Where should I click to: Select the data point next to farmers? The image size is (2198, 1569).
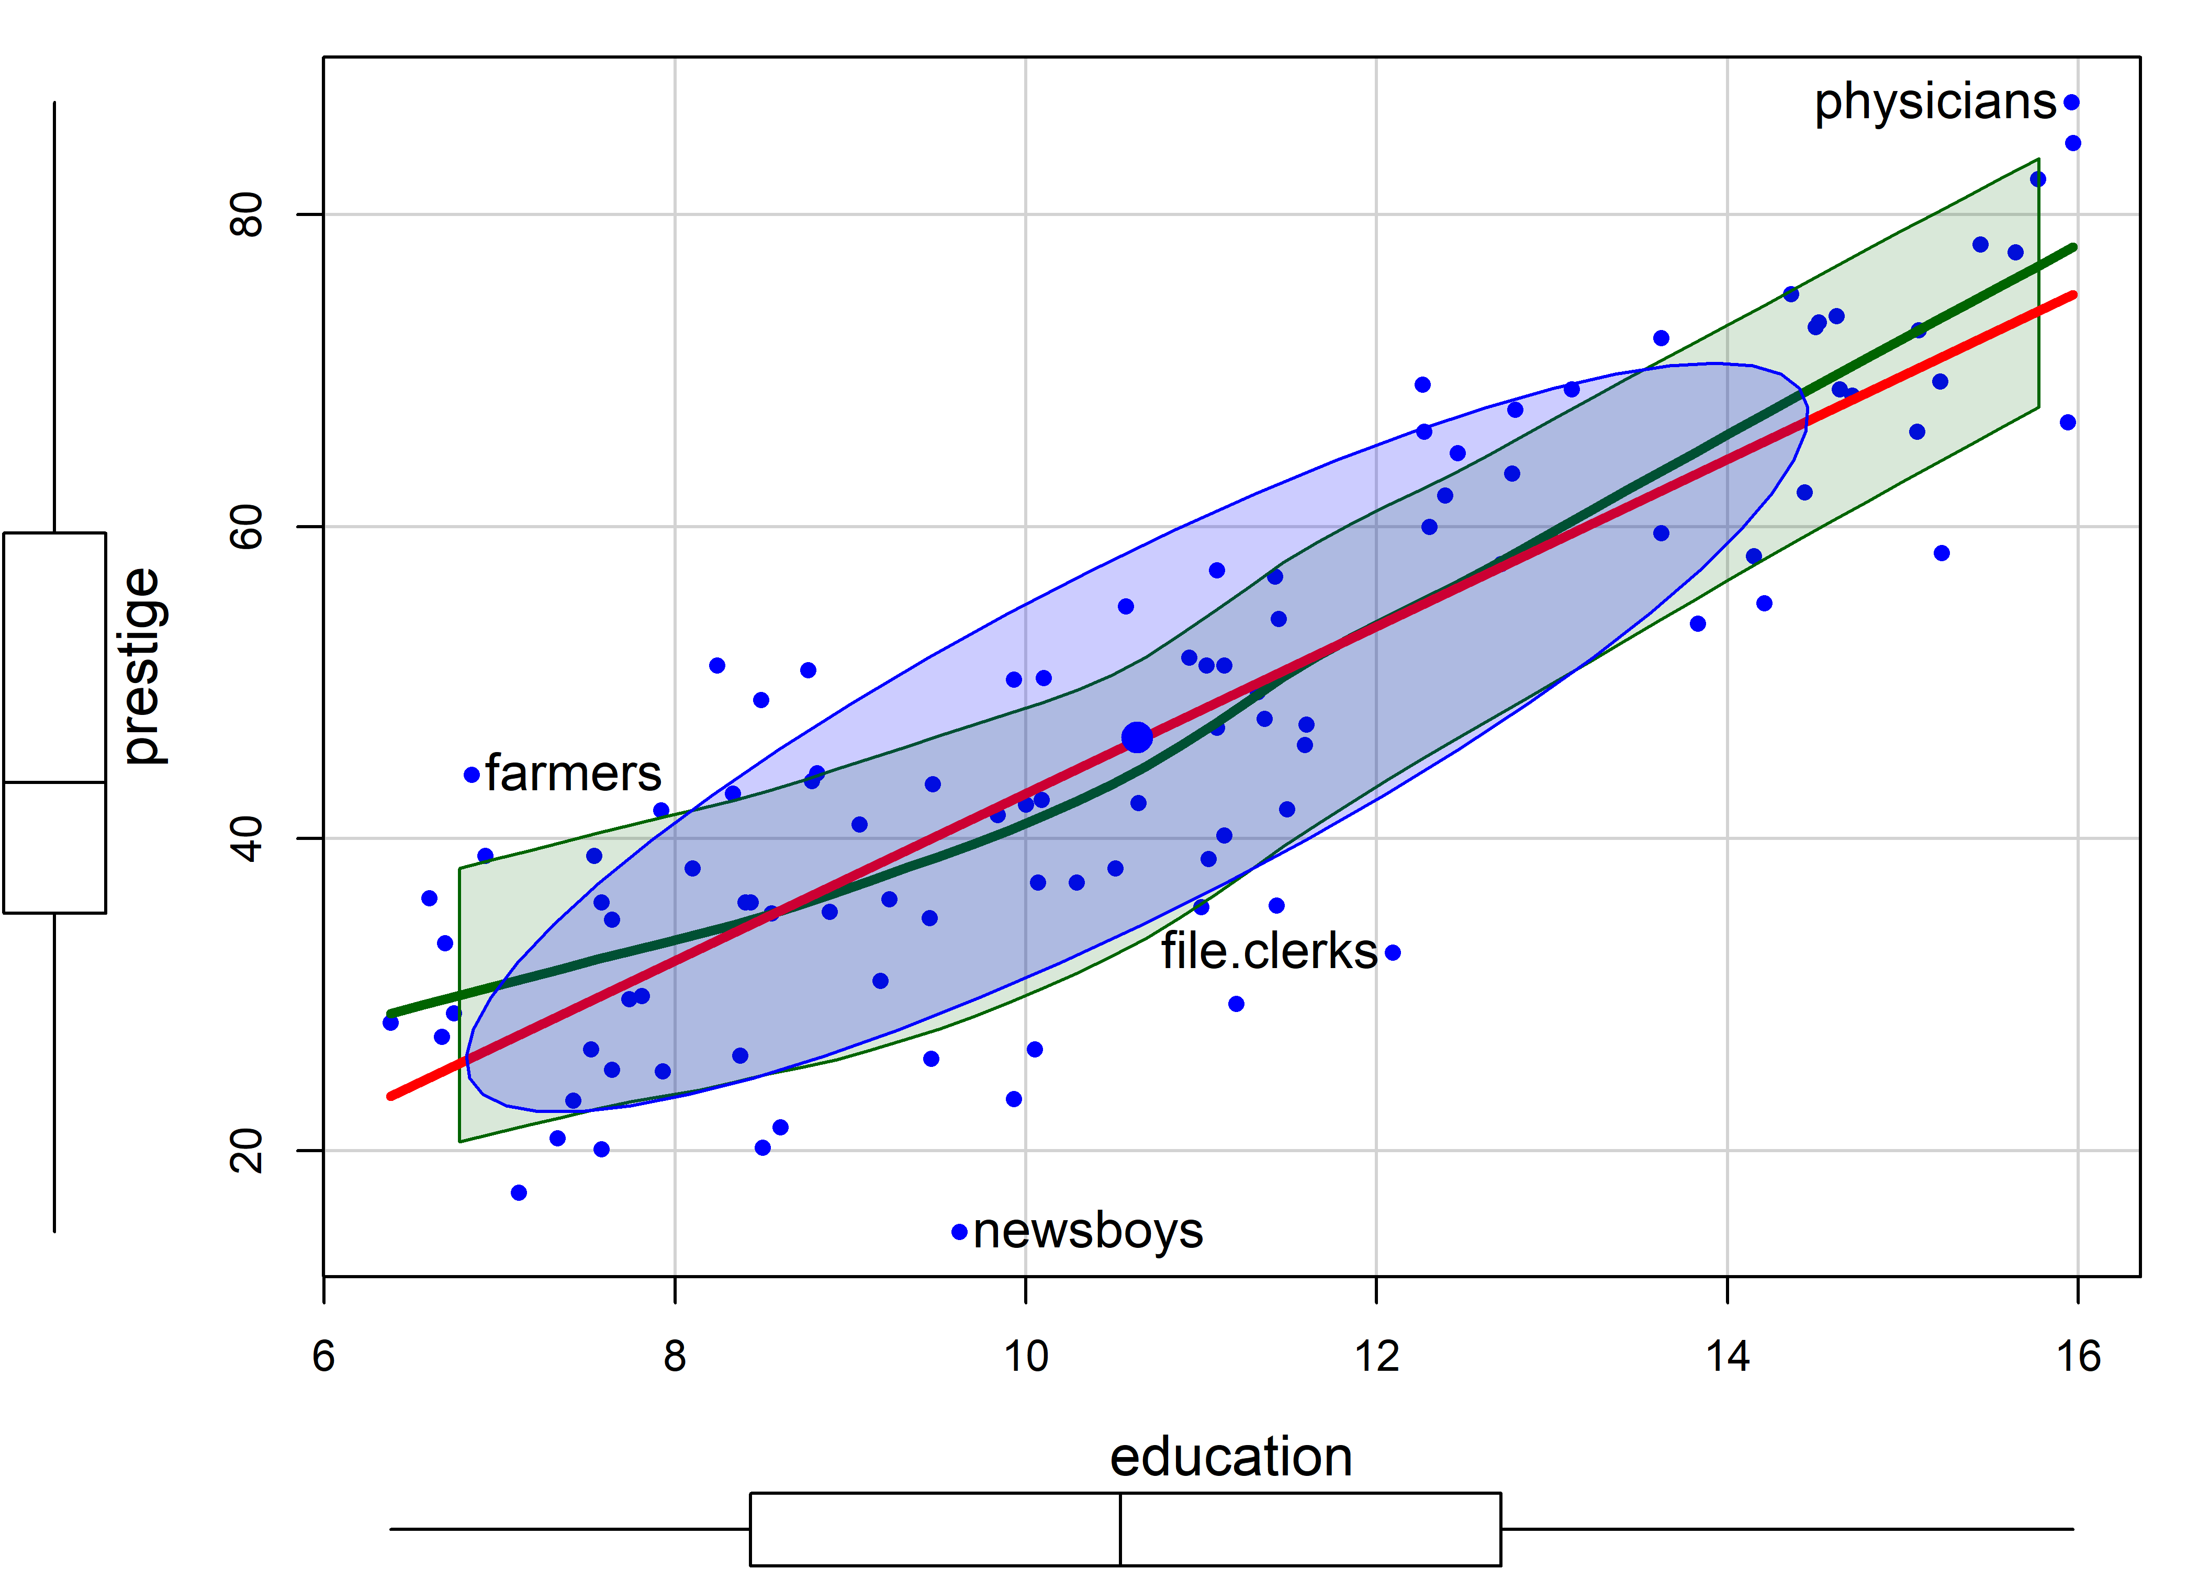click(472, 775)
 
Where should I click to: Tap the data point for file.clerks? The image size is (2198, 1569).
click(1393, 952)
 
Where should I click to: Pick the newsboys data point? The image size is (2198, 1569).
click(960, 1232)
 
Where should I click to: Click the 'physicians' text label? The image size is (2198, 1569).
click(1935, 103)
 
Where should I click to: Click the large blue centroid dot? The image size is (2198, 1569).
click(1137, 738)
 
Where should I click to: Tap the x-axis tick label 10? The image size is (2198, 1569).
click(1026, 1357)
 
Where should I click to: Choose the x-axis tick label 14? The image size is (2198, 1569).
click(1728, 1357)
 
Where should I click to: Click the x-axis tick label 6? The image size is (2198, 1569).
click(324, 1357)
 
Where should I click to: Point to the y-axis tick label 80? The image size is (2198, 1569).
click(248, 214)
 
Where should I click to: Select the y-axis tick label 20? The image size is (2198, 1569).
click(248, 1151)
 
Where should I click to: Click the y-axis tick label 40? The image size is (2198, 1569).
click(248, 838)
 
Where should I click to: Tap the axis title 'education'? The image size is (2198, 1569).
click(1230, 1458)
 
